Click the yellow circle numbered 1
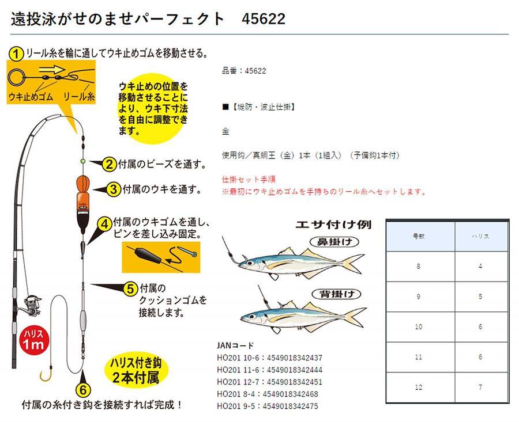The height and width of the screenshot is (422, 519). coord(16,53)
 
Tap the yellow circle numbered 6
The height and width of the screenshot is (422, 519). coord(82,390)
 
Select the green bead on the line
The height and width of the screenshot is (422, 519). coord(82,161)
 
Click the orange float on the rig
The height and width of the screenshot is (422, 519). coord(82,204)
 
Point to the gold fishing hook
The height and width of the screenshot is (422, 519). coord(46,374)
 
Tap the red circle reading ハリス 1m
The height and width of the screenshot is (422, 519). coord(33,340)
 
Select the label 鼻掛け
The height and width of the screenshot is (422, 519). coord(334,242)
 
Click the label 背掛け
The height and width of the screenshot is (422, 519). coord(336,294)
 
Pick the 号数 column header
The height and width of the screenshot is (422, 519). coord(419,236)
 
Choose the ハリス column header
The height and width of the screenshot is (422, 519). coord(480,236)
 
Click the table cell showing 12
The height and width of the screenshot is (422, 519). coord(419,387)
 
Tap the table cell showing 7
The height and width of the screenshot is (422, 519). coord(480,387)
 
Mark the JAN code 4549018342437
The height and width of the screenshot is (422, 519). coord(295,358)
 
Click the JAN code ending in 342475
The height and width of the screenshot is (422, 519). coord(290,406)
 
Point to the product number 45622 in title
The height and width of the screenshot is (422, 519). coord(264,19)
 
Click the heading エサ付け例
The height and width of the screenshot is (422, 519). coord(333,225)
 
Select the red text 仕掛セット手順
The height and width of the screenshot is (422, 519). coord(249,180)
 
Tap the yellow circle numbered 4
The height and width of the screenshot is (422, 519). coord(104,225)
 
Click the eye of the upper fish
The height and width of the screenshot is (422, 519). coord(249,263)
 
